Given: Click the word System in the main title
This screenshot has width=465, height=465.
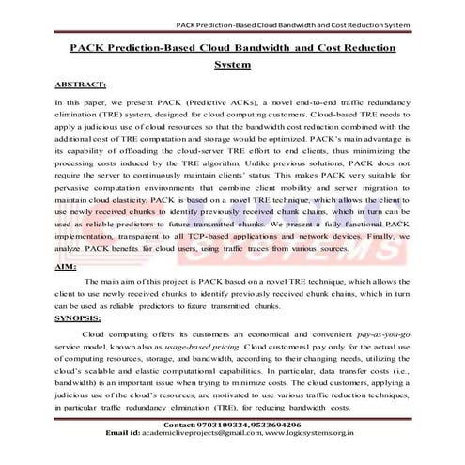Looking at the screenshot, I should point(233,65).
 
